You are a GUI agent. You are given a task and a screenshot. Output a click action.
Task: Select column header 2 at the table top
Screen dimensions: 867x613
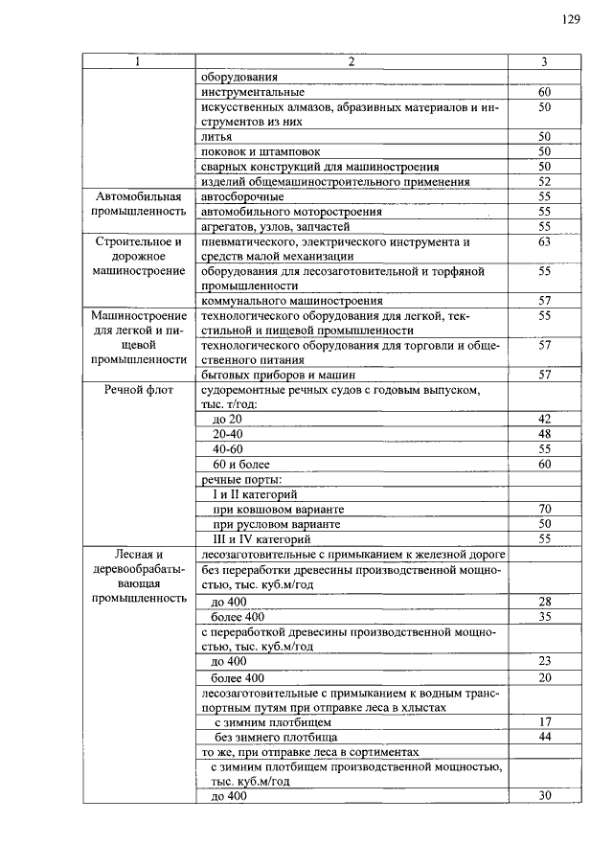[x=352, y=62]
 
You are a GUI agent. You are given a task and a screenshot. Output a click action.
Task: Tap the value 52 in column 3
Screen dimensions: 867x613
[x=545, y=181]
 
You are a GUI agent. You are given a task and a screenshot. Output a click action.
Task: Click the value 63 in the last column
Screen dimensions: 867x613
[x=545, y=242]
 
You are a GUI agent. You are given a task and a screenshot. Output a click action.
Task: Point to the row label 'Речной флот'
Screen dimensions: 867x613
[x=138, y=391]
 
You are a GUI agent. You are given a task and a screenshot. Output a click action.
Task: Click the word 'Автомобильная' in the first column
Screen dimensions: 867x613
[x=138, y=196]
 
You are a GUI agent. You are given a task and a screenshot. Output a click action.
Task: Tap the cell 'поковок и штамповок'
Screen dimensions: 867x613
[x=261, y=151]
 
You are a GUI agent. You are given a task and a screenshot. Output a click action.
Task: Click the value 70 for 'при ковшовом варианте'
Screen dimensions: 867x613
[x=545, y=509]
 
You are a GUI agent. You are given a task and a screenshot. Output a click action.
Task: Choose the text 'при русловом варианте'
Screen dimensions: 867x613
[x=276, y=524]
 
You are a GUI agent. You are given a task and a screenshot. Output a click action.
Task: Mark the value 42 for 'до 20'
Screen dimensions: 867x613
[x=545, y=420]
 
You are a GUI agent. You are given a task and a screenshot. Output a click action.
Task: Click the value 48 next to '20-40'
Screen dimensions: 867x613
[x=545, y=434]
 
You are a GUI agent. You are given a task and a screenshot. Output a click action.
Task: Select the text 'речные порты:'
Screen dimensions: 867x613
[x=240, y=479]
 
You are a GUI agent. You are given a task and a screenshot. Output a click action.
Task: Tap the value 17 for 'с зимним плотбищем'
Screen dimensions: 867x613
[x=545, y=721]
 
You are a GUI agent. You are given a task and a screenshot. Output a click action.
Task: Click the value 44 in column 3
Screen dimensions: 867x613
[x=545, y=736]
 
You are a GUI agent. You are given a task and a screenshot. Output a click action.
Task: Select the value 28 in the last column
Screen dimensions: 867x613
[x=545, y=602]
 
